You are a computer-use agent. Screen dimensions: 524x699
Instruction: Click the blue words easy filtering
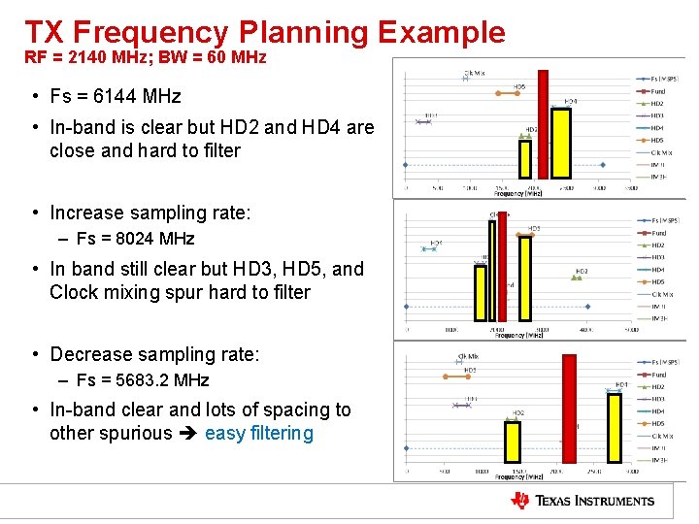(259, 434)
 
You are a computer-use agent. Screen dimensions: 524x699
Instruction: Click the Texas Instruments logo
(582, 501)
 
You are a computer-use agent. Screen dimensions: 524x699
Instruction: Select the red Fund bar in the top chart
(544, 126)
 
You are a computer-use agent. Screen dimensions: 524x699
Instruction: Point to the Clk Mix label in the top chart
(473, 73)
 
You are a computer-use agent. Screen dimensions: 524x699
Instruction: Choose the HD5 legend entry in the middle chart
(657, 282)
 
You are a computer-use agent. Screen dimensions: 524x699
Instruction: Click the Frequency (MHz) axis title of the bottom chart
(518, 476)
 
